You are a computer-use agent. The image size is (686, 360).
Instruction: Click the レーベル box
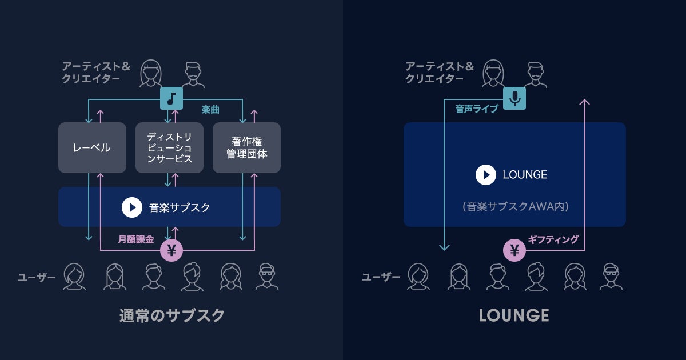click(92, 147)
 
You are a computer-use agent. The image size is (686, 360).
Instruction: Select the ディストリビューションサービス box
click(169, 147)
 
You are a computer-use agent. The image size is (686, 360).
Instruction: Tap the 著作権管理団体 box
click(246, 147)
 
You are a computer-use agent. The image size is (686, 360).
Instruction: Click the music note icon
click(170, 98)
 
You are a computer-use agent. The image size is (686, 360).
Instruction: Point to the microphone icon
click(514, 98)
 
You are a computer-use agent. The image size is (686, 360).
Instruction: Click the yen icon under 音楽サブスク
click(171, 250)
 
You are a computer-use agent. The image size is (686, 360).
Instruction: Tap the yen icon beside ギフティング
click(514, 250)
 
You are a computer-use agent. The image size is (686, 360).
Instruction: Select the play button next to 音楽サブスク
click(132, 207)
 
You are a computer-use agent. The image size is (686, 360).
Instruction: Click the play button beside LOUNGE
click(486, 174)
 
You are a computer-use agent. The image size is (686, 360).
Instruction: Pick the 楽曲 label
click(210, 109)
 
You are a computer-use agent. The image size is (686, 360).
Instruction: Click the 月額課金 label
click(136, 239)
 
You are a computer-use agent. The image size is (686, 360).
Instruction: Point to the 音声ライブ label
click(477, 109)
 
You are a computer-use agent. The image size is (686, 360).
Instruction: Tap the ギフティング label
click(553, 239)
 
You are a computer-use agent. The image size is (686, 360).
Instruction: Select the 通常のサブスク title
click(172, 315)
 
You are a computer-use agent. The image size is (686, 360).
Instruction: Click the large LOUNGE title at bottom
click(514, 315)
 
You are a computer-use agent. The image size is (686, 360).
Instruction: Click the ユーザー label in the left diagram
click(37, 278)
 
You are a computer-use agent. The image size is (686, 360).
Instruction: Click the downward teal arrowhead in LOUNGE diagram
click(444, 247)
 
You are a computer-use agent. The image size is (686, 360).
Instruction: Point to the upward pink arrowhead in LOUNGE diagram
click(584, 102)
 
